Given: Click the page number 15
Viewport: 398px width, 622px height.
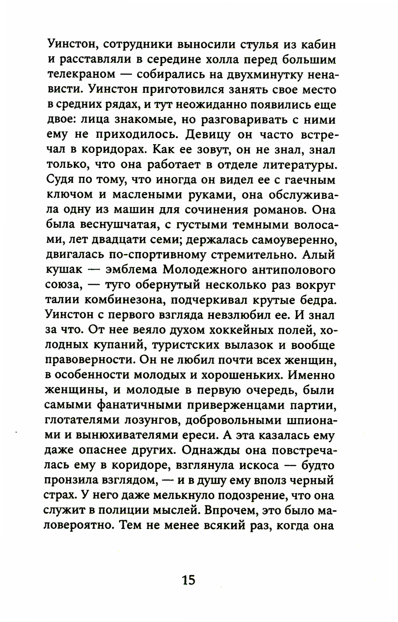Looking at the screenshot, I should [189, 579].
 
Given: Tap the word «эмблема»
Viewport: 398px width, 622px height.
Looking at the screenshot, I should [130, 270].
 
